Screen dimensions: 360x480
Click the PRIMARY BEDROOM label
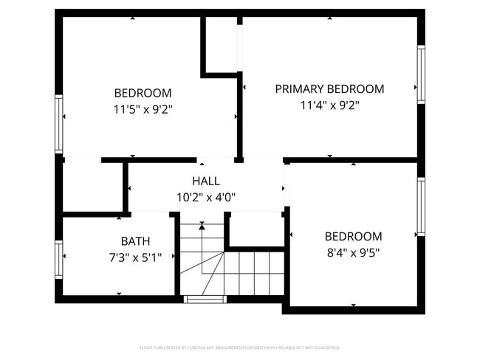329,89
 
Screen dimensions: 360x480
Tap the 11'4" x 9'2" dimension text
329,105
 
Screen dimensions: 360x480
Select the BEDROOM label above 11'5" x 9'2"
143,93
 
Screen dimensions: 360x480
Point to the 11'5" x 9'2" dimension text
143,109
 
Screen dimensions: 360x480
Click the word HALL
205,181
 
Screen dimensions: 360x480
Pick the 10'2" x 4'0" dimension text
205,197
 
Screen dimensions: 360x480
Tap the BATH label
135,240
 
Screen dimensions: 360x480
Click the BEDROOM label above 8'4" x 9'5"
353,236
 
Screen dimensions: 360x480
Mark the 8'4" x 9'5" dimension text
353,252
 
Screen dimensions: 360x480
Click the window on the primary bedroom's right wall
421,74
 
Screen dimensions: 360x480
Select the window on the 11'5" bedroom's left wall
58,124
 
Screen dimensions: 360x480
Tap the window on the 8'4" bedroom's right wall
421,207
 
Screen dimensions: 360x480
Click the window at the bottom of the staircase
204,300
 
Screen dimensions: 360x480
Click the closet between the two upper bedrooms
220,44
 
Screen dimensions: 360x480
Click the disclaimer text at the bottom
240,347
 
